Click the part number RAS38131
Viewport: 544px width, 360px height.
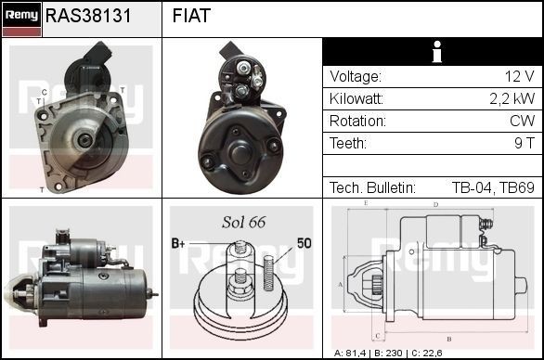click(x=88, y=17)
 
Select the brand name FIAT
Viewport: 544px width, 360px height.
click(x=191, y=17)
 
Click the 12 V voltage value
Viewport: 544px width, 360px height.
click(x=519, y=77)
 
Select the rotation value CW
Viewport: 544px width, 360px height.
click(x=522, y=122)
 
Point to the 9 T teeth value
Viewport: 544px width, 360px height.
click(x=524, y=144)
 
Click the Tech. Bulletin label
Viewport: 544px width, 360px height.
click(x=372, y=187)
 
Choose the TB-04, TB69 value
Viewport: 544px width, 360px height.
click(x=492, y=187)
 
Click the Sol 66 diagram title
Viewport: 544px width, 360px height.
click(x=243, y=222)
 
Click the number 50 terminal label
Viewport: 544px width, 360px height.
click(x=304, y=243)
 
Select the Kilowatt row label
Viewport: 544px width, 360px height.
click(x=358, y=99)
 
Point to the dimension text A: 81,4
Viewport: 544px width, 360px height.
click(x=353, y=354)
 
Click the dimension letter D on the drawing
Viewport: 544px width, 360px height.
click(x=435, y=205)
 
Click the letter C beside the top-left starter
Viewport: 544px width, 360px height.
click(x=44, y=92)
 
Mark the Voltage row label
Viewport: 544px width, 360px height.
click(x=355, y=77)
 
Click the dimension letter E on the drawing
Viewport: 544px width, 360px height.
click(x=366, y=203)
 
